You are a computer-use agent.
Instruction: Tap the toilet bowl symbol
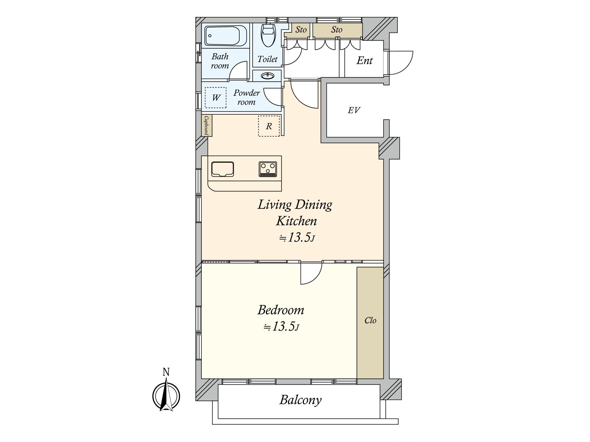(268, 35)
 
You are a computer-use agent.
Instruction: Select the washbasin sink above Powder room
(267, 76)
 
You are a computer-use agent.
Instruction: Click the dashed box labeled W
(216, 98)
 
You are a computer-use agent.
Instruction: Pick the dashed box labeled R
(269, 126)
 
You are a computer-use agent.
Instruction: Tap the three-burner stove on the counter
(268, 169)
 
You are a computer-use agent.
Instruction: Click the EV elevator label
(354, 110)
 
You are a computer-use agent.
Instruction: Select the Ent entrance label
(364, 60)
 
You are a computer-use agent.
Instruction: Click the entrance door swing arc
(404, 62)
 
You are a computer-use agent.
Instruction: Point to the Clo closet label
(370, 320)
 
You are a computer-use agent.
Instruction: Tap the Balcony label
(300, 400)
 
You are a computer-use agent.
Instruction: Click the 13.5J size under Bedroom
(281, 327)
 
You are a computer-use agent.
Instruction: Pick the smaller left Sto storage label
(301, 30)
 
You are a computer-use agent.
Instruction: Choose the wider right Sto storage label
(336, 30)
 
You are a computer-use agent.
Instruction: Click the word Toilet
(267, 59)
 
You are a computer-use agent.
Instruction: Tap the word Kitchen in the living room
(296, 221)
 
